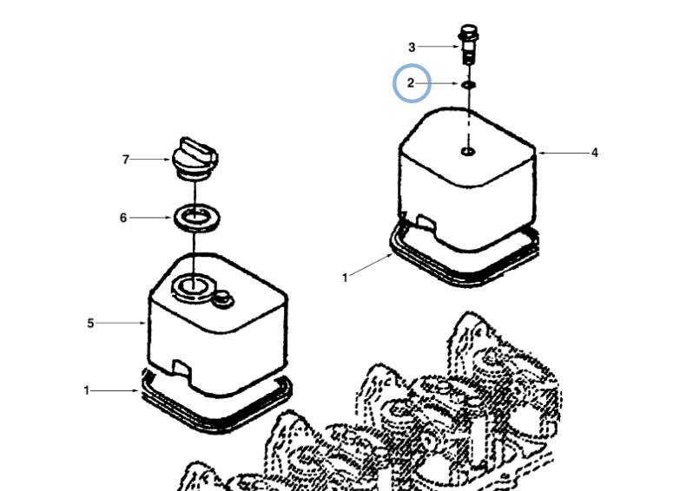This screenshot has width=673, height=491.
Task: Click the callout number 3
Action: click(x=412, y=47)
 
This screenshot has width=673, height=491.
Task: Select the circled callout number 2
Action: click(x=412, y=84)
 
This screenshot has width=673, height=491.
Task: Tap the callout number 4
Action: click(x=595, y=153)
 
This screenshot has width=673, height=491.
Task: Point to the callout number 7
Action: click(x=125, y=160)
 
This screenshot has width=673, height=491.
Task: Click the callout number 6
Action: click(x=123, y=218)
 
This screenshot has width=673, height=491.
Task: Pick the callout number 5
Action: click(x=90, y=324)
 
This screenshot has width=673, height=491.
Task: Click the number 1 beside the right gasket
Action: click(x=345, y=278)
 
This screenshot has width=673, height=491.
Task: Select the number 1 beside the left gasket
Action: click(x=86, y=390)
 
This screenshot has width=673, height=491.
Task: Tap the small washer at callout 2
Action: click(x=469, y=85)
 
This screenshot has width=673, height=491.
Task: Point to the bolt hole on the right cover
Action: click(x=468, y=153)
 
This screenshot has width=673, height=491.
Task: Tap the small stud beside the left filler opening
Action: click(x=224, y=299)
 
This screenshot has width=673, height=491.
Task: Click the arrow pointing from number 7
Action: click(x=152, y=160)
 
